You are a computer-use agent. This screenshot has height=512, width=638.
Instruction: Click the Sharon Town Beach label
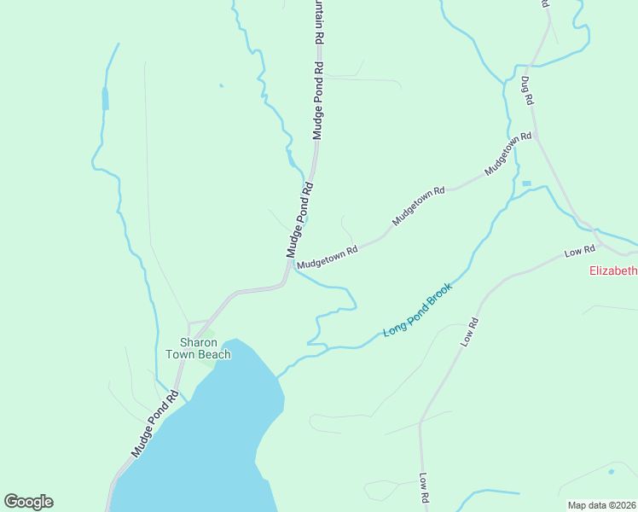coord(198,348)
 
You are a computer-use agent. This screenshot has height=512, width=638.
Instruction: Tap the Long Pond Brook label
coord(417,309)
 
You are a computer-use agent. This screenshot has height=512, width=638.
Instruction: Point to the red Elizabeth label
coord(613,271)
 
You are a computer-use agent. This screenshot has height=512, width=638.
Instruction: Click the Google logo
coord(28,502)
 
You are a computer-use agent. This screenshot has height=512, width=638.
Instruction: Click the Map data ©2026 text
coord(601,505)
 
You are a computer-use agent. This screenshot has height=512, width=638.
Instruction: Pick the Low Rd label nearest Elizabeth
coord(579,252)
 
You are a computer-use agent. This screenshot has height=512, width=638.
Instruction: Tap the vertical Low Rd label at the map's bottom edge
coord(423,489)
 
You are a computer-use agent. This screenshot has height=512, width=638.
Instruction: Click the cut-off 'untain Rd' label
coord(319,22)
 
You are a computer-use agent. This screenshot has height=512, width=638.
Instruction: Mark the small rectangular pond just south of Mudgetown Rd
coord(525,183)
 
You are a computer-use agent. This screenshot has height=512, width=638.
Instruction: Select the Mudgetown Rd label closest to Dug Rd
coord(508,154)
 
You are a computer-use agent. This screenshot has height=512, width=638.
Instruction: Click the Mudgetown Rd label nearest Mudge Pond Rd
coord(328,253)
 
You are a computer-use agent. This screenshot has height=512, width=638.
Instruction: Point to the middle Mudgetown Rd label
coord(419,207)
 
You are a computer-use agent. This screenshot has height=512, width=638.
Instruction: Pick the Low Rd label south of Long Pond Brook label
coord(469,332)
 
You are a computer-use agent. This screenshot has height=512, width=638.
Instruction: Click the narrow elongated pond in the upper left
coord(106,98)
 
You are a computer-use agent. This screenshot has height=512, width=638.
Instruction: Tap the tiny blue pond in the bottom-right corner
coord(612,471)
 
